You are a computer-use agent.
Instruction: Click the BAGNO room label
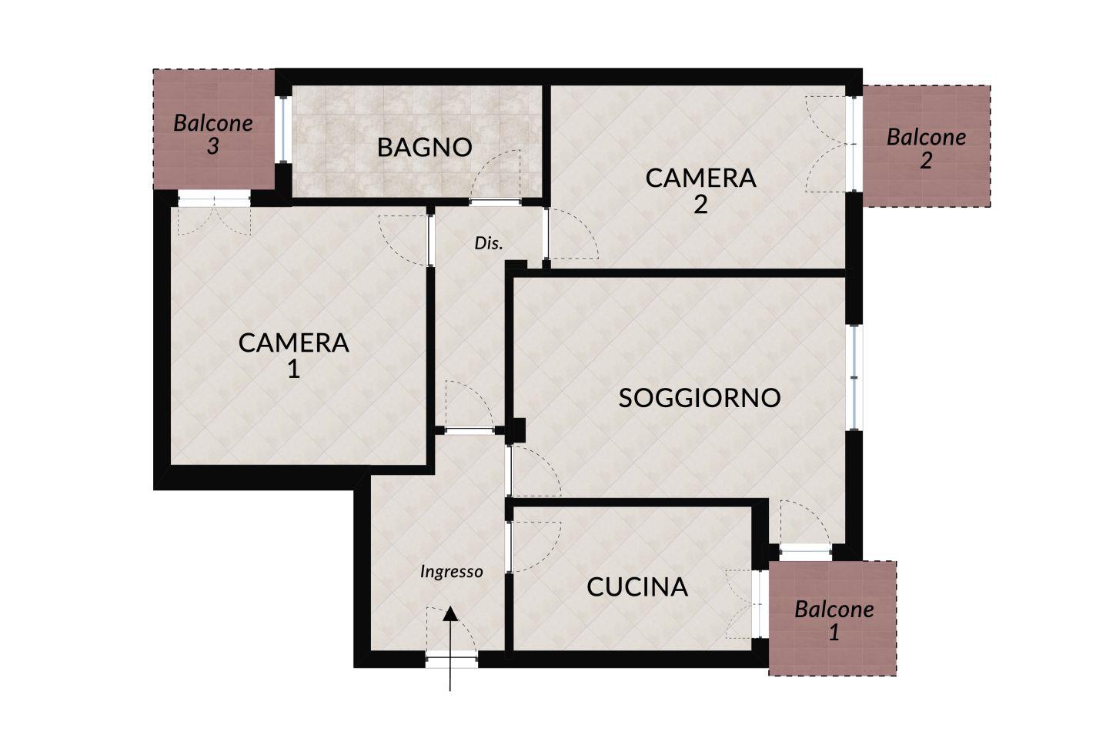click(424, 147)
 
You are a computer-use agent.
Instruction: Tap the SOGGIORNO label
click(700, 398)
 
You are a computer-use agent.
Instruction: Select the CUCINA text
click(637, 587)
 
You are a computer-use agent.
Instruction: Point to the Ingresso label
click(452, 571)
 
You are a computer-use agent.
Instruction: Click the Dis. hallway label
click(488, 243)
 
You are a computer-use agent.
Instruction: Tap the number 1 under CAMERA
click(293, 369)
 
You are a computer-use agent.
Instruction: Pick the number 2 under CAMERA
click(700, 205)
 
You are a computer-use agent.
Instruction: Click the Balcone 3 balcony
click(214, 129)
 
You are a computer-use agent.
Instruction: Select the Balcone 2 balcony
click(926, 146)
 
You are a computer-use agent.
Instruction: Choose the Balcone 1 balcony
click(833, 618)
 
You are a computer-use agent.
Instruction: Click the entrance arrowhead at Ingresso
click(450, 614)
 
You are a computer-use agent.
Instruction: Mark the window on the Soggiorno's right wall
click(854, 377)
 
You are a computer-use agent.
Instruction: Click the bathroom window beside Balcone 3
click(282, 129)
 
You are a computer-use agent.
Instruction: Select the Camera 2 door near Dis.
click(573, 233)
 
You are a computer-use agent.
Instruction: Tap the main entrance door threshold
click(451, 660)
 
